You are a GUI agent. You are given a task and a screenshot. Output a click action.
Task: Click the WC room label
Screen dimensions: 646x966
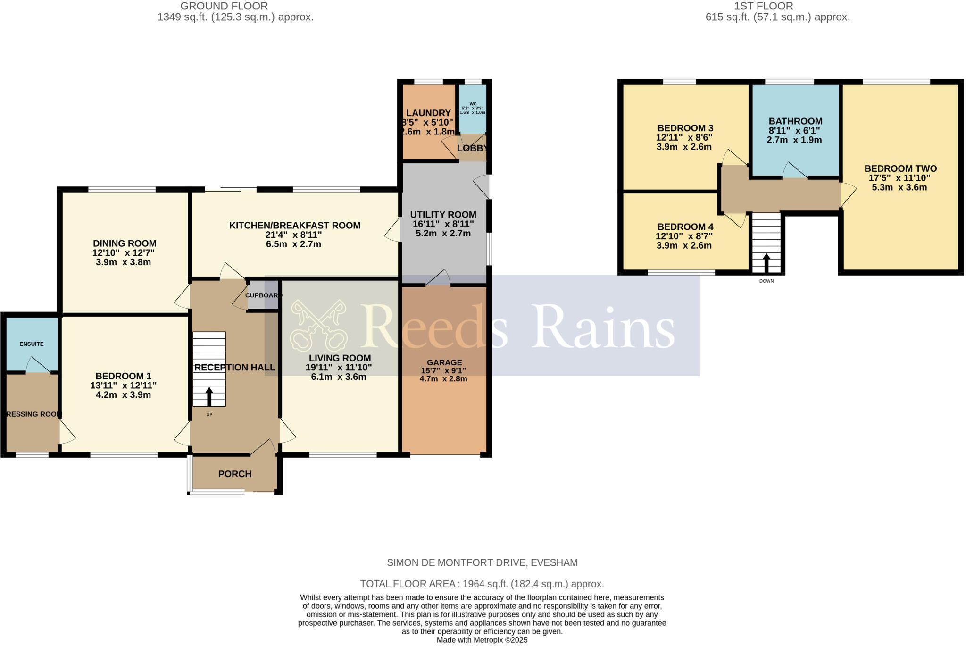pos(473,104)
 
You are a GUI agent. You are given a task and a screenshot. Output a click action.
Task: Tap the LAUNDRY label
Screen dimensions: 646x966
pos(428,113)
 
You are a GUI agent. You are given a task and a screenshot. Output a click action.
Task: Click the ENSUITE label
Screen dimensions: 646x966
pos(32,344)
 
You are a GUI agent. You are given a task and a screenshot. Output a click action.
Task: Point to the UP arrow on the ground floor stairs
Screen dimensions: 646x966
pos(209,397)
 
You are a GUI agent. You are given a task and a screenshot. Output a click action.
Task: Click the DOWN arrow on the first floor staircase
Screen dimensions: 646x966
pos(766,263)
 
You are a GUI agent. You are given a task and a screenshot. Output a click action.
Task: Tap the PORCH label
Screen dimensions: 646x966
pos(235,474)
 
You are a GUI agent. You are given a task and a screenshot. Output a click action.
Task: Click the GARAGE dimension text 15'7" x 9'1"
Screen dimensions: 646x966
pos(443,370)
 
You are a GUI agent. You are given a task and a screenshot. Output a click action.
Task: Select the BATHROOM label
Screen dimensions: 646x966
pos(795,121)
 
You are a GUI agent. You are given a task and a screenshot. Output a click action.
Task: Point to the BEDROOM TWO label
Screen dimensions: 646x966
pos(900,168)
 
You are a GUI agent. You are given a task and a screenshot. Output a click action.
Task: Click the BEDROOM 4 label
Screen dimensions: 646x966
pos(685,227)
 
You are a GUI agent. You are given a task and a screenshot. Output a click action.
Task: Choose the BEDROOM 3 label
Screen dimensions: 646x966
pos(685,128)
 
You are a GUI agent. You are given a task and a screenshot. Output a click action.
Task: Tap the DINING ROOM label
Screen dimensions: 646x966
pos(125,243)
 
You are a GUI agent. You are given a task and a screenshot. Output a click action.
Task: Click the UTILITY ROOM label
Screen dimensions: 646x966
pos(443,215)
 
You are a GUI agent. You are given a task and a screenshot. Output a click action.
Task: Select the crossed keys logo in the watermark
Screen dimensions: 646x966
pos(319,325)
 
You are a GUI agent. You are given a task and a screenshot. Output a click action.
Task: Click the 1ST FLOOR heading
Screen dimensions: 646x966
pos(777,6)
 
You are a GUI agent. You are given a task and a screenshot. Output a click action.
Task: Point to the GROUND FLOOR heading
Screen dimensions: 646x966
pos(224,6)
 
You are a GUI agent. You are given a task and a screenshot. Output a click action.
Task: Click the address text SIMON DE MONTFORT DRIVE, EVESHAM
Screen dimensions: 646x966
pos(482,562)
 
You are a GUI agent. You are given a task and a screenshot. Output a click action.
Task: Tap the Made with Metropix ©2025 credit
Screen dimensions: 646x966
pos(482,640)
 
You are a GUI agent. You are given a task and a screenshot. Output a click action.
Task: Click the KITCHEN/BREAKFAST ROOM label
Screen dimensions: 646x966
pos(295,226)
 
